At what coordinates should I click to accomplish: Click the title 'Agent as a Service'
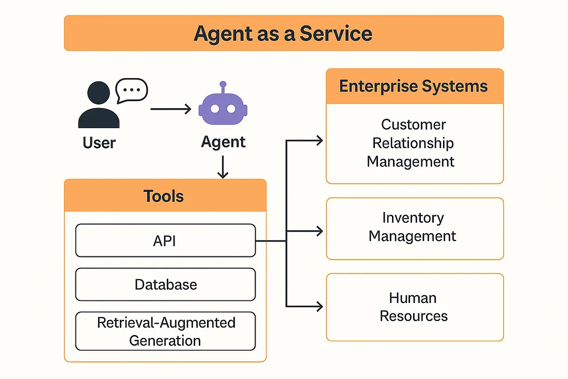[283, 33]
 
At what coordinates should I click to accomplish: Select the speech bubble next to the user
[132, 91]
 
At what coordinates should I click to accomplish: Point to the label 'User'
[99, 142]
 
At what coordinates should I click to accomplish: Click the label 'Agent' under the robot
[223, 142]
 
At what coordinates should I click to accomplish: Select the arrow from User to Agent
[170, 109]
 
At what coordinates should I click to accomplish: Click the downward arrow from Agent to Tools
[223, 168]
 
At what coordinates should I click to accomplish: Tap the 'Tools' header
[164, 196]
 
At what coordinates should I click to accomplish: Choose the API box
[165, 240]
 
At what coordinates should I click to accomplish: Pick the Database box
[165, 284]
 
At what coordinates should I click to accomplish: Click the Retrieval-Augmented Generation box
[165, 331]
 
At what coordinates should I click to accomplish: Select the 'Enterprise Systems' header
[414, 86]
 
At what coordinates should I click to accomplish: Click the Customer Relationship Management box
[414, 143]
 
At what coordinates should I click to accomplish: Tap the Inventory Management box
[414, 228]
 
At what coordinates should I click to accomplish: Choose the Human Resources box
[414, 307]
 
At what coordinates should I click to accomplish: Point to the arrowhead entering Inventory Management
[320, 231]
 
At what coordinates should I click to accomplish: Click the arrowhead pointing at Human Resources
[320, 307]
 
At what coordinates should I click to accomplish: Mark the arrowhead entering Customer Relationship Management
[320, 141]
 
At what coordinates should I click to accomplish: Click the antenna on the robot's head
[223, 86]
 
